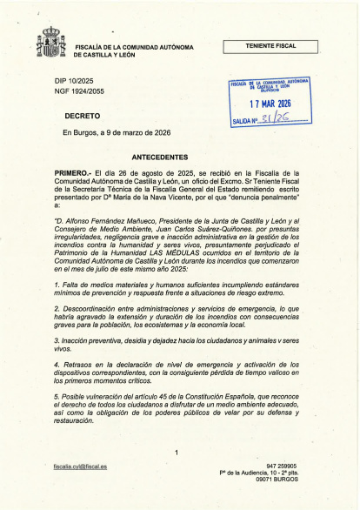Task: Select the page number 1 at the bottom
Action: pos(176,453)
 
